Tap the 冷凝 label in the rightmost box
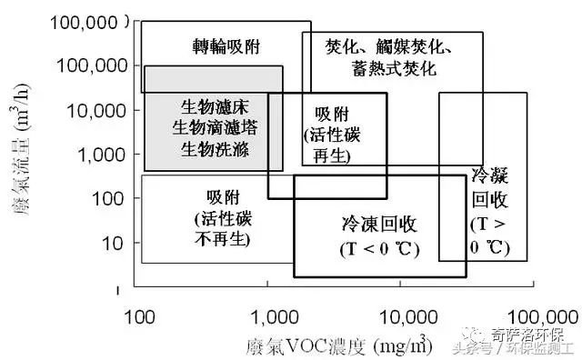(490, 175)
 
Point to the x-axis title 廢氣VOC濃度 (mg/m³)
(336, 345)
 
